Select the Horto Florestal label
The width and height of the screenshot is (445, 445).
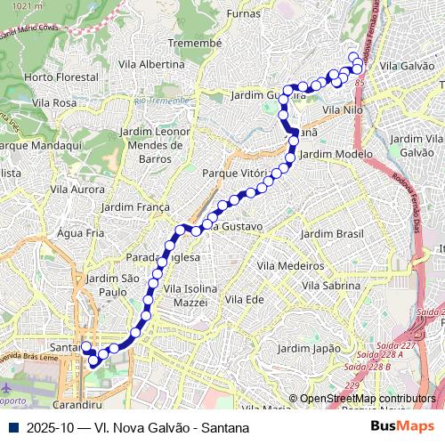(61, 77)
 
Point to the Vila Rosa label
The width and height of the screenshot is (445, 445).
(53, 103)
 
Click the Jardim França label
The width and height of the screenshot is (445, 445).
(135, 206)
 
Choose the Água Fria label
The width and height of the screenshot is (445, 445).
(80, 232)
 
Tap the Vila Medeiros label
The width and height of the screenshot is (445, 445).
(290, 265)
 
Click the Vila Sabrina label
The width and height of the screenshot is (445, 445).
(332, 286)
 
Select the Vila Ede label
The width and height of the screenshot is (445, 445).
(244, 299)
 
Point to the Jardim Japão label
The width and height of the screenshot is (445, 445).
(309, 348)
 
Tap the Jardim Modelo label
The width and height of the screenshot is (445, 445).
(336, 154)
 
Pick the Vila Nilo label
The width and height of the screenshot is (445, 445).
(343, 109)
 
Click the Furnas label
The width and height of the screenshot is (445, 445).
(244, 13)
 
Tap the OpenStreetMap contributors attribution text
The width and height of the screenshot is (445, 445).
(368, 399)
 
